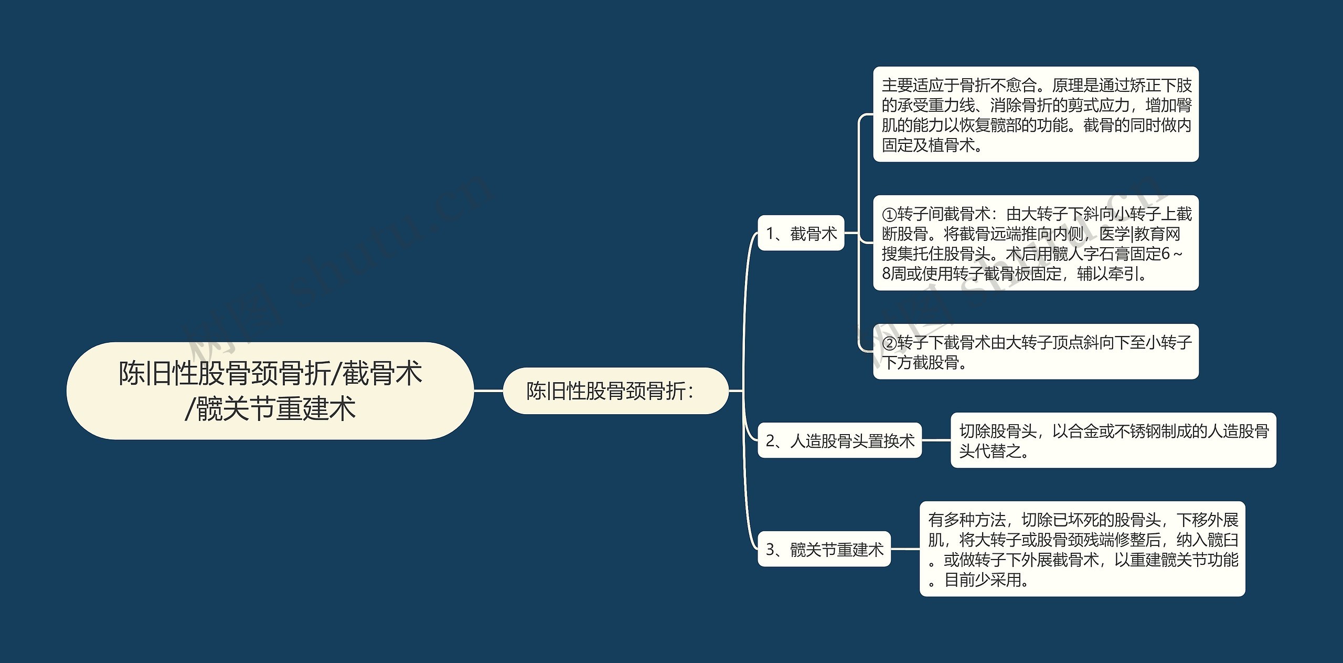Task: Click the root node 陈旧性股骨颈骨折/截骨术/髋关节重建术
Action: [x=270, y=391]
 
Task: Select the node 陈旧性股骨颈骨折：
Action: [x=615, y=391]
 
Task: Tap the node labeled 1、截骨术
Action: [x=801, y=233]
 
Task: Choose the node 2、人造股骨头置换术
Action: [x=839, y=440]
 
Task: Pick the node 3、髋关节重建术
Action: [x=824, y=549]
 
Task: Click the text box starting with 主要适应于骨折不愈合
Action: [x=1036, y=114]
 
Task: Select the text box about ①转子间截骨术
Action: [x=1036, y=243]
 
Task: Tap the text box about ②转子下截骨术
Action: [x=1036, y=352]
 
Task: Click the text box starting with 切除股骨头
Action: [x=1113, y=440]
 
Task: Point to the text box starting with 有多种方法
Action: [x=1082, y=549]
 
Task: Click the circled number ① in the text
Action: [x=889, y=215]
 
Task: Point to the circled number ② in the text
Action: [x=889, y=343]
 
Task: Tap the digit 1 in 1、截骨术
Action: [x=770, y=234]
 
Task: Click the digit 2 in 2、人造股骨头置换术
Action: [x=771, y=441]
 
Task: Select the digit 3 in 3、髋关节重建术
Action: [x=771, y=550]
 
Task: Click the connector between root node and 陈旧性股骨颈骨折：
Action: [x=488, y=391]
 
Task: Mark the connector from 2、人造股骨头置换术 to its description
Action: [x=936, y=440]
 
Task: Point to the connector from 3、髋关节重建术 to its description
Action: [x=905, y=549]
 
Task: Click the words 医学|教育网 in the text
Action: [x=1139, y=234]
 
